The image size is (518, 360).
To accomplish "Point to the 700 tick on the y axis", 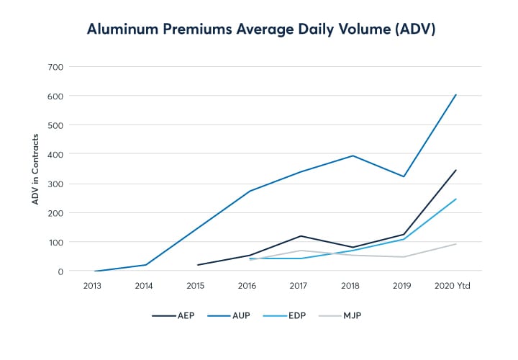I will pos(55,67).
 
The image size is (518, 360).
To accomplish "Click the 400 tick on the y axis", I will pos(55,154).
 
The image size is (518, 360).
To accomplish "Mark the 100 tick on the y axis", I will pos(55,242).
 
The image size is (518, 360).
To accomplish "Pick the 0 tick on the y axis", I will pos(60,271).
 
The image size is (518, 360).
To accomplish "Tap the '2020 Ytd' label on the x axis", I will pos(455,286).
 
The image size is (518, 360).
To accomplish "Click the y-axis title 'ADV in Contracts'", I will pos(35,168).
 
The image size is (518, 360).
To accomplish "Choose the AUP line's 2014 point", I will pos(146,265).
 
